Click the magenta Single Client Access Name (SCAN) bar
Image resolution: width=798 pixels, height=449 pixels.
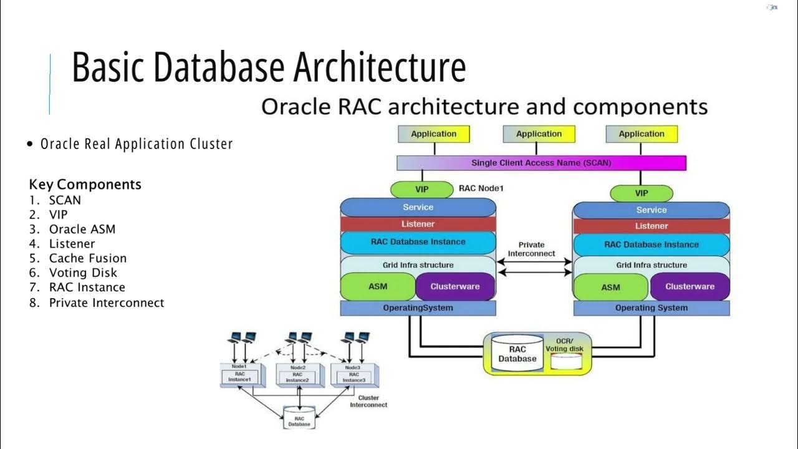coord(541,163)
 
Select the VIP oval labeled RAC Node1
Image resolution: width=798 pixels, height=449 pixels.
coord(421,189)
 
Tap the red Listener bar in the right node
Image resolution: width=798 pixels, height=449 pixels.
coord(651,226)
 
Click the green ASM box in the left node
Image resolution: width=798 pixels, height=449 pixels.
coord(378,286)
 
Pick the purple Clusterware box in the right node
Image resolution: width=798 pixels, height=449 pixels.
coord(690,286)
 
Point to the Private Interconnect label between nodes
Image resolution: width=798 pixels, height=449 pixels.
coord(531,249)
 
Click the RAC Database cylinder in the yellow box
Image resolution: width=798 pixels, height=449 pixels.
coord(517,354)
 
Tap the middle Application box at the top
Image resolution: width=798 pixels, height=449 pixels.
coord(539,134)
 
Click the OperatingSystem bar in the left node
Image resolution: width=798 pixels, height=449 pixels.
coord(418,307)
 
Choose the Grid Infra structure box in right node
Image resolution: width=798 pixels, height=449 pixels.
coord(651,265)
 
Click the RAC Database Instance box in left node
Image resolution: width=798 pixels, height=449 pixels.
coord(418,242)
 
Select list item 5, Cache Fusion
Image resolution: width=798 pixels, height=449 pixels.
coord(87,258)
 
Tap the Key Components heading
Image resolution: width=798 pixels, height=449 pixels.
coord(85,185)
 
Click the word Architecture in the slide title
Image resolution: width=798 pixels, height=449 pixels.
coord(380,68)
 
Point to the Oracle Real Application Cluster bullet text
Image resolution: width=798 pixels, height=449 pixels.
coord(137,144)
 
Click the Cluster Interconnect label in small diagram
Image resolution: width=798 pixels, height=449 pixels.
coord(368,401)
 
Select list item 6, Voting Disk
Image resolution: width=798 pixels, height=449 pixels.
coord(83,273)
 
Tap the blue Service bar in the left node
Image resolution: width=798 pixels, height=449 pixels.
coord(418,207)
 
